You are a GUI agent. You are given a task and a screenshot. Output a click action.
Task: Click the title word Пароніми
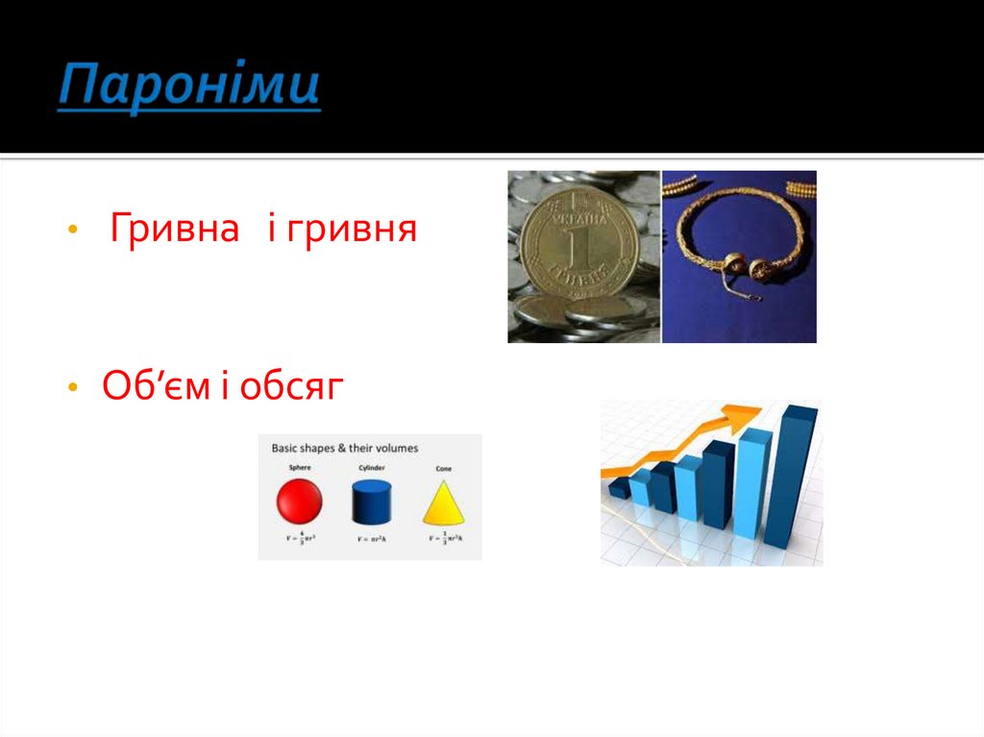tap(188, 87)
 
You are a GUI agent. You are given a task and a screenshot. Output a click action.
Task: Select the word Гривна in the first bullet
tap(174, 230)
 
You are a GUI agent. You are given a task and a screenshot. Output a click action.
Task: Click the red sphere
tap(299, 502)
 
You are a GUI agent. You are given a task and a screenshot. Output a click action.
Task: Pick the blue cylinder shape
tap(372, 501)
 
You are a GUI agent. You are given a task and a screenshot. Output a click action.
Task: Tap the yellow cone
tap(442, 502)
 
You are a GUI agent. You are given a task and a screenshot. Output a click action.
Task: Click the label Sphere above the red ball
tap(299, 468)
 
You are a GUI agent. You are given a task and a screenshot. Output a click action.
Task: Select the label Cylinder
tap(371, 468)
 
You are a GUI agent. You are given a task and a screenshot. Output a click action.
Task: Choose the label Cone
tap(443, 468)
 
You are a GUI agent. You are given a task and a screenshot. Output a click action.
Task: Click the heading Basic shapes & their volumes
tap(344, 448)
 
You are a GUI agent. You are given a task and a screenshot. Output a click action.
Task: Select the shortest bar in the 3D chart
tap(620, 488)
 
